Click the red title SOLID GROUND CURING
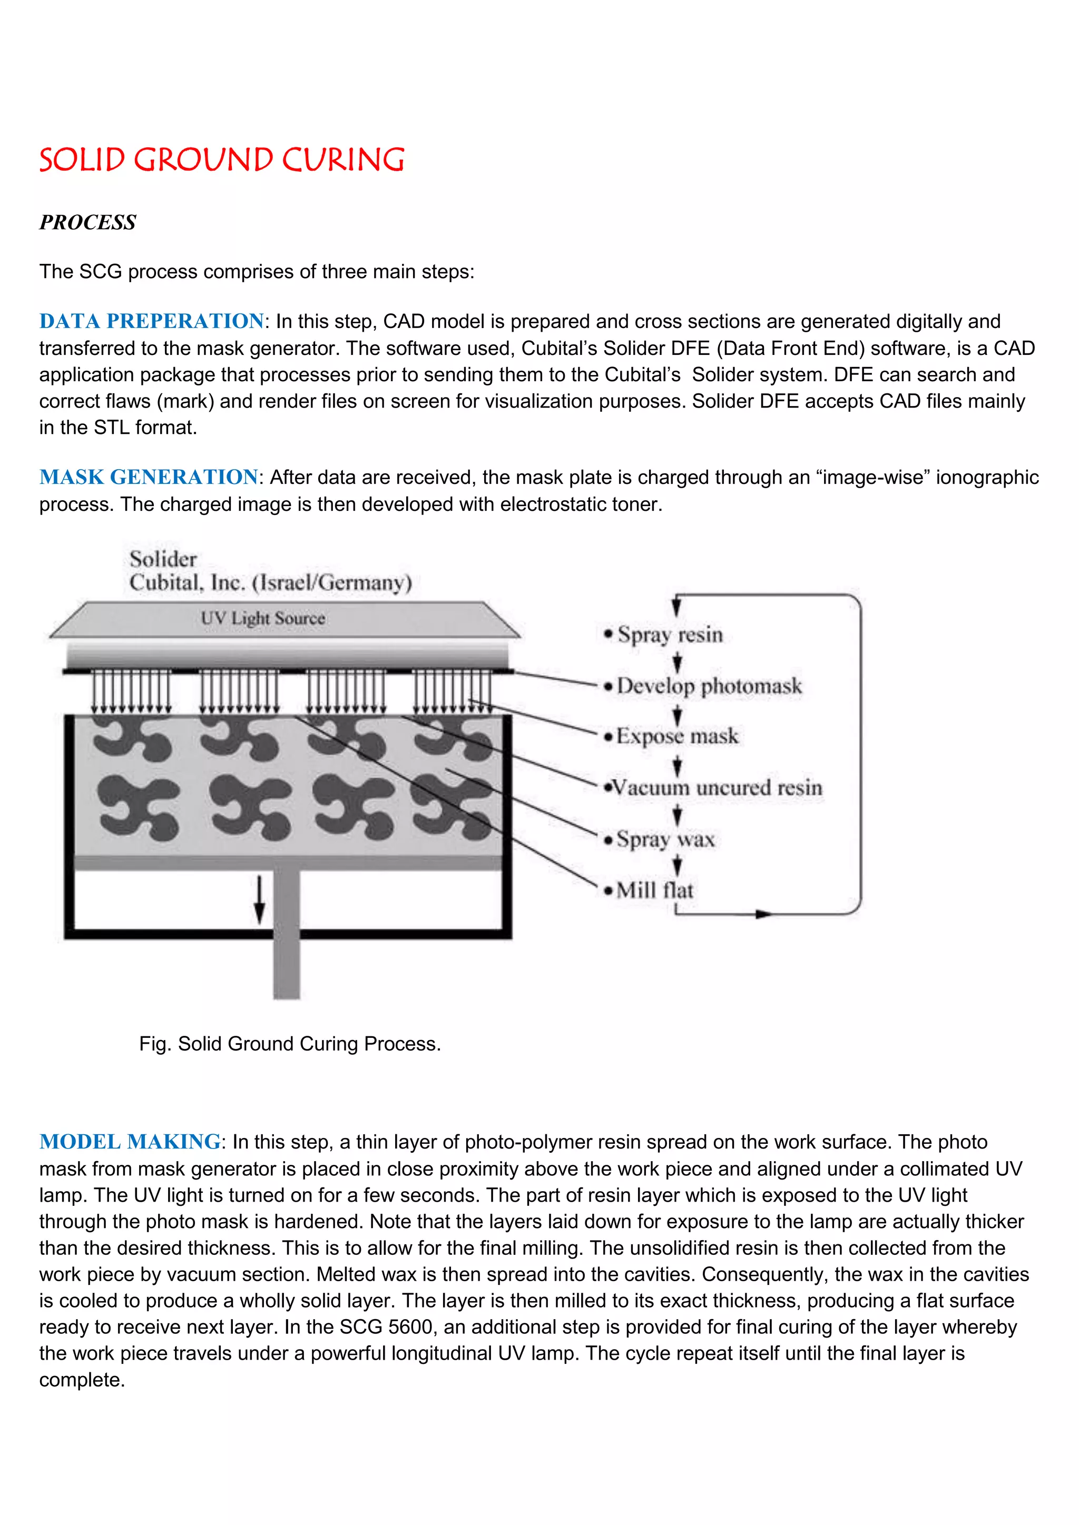221,160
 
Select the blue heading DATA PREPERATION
152,321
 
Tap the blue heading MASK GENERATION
148,477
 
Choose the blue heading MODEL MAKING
130,1142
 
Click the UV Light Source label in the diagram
263,618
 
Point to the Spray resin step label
670,635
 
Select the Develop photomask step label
709,686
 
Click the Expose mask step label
677,736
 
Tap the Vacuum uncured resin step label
716,788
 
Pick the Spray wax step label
665,839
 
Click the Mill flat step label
654,890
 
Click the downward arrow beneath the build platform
260,899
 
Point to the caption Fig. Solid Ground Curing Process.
290,1044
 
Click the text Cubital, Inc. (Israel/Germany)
270,583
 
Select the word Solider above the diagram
163,559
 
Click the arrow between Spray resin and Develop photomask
677,661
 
